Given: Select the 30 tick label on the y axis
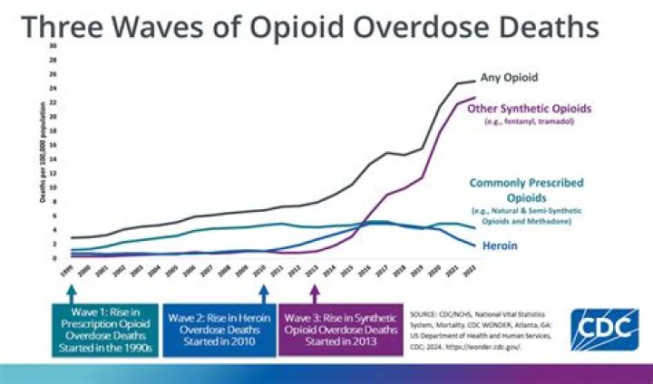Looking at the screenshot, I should pos(53,45).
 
